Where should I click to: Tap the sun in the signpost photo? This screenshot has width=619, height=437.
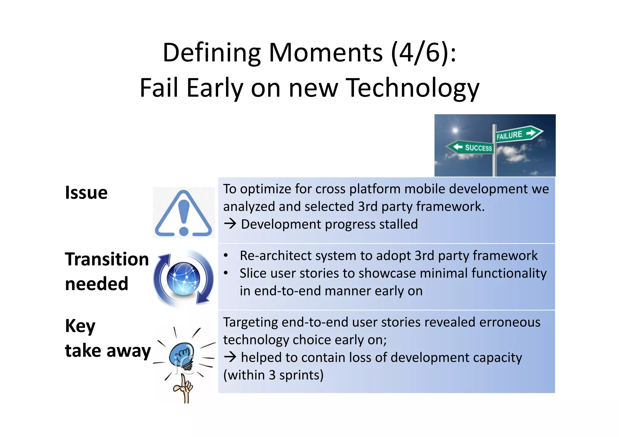click(x=455, y=130)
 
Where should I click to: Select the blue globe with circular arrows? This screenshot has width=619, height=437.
click(x=183, y=278)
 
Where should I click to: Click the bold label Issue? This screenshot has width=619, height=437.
click(x=86, y=193)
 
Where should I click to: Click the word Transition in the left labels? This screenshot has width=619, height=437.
click(x=107, y=259)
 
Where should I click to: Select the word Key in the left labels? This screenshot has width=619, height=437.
click(x=80, y=326)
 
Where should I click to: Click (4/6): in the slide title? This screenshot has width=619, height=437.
click(x=423, y=53)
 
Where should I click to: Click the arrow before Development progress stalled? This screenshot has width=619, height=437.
click(x=230, y=224)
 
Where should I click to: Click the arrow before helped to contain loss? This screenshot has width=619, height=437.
click(x=230, y=357)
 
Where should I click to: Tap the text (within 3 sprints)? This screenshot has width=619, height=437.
click(x=273, y=375)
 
